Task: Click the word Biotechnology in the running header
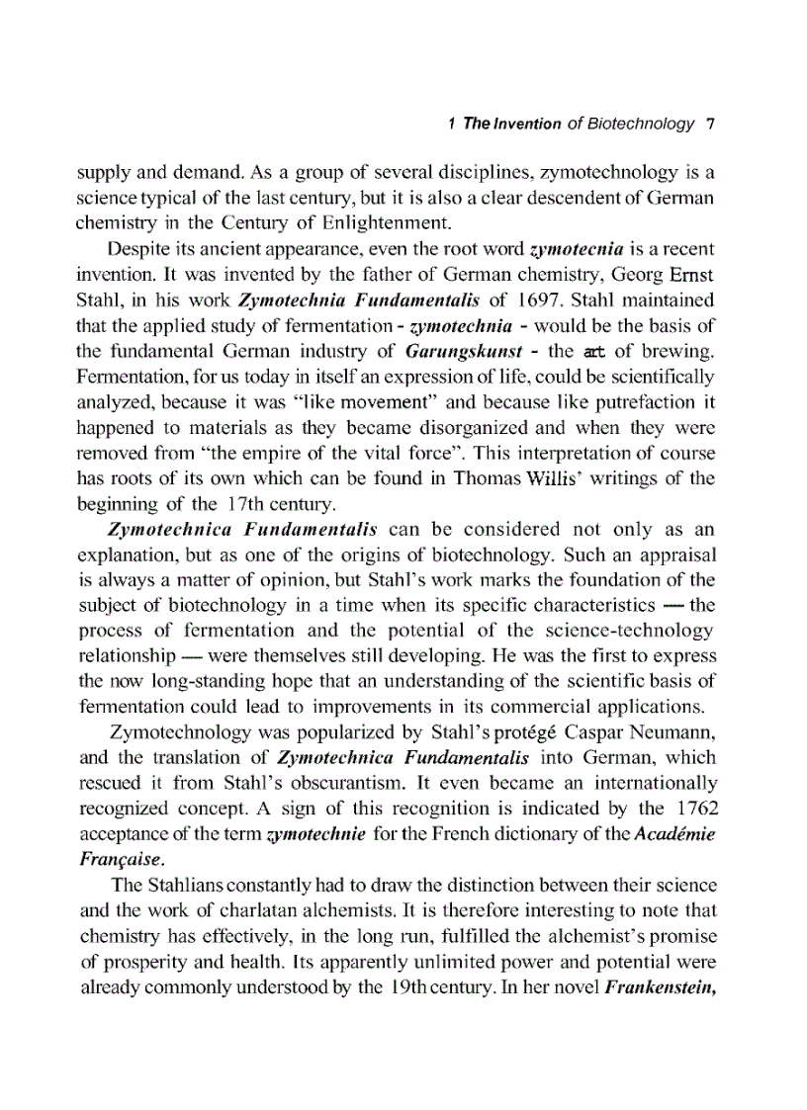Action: tap(641, 124)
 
